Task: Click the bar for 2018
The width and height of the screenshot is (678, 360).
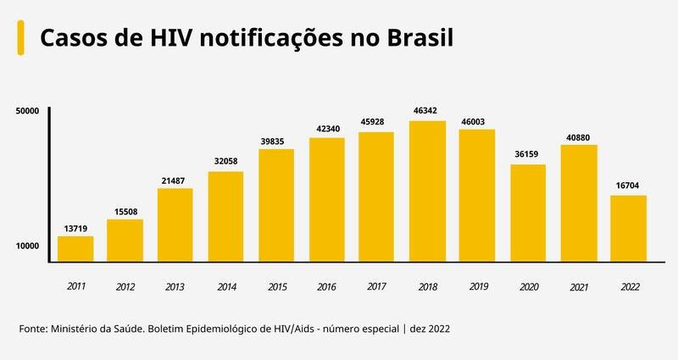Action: (x=427, y=191)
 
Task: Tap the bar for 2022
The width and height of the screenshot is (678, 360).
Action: (x=628, y=228)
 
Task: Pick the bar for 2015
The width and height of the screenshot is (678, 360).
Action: (x=276, y=205)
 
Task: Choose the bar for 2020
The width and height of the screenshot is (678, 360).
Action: (x=527, y=213)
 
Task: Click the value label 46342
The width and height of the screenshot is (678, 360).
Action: (x=427, y=111)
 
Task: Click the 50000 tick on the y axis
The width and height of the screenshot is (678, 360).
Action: (x=28, y=110)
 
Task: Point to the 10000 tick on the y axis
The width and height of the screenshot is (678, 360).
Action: (x=28, y=246)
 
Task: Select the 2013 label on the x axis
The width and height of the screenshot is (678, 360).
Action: (x=175, y=288)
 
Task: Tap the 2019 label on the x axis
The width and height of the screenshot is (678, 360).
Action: (x=477, y=287)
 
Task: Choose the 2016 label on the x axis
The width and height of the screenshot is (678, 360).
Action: (x=326, y=288)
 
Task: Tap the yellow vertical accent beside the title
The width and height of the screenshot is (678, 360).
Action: (x=20, y=38)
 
